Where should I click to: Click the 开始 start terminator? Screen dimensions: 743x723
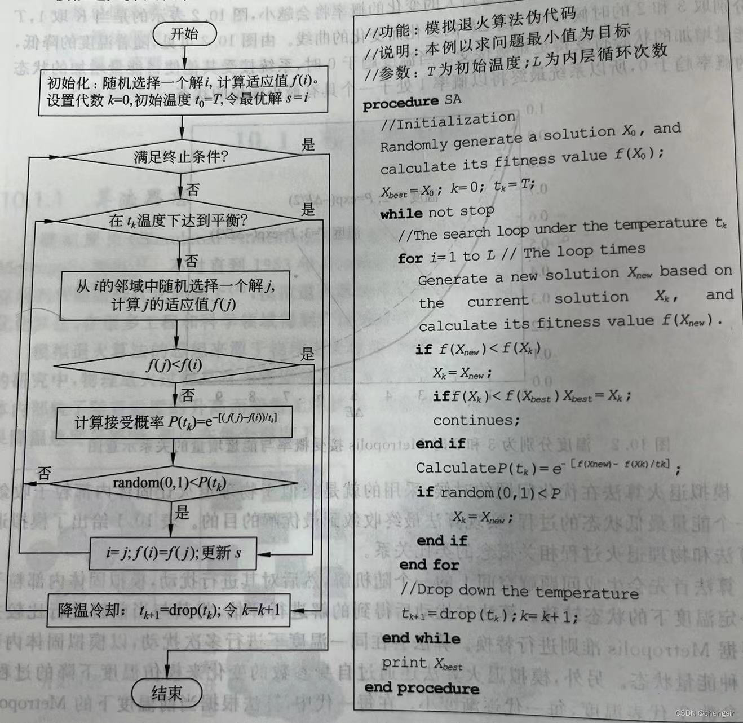[184, 34]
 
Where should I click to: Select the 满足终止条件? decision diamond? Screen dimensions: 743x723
[180, 156]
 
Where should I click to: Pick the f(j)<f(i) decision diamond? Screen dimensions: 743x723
[175, 365]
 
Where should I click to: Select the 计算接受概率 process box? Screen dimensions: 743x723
[175, 422]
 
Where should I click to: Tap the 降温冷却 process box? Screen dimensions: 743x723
[169, 610]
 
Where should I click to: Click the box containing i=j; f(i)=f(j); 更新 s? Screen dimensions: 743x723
[174, 553]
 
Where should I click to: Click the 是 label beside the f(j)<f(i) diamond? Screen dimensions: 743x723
[307, 354]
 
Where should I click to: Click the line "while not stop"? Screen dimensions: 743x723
[437, 213]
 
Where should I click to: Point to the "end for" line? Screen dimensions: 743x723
[429, 565]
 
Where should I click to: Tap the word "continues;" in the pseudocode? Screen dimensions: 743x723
[476, 420]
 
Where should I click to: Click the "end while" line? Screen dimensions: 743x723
[421, 638]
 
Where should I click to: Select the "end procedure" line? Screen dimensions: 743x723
[422, 687]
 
